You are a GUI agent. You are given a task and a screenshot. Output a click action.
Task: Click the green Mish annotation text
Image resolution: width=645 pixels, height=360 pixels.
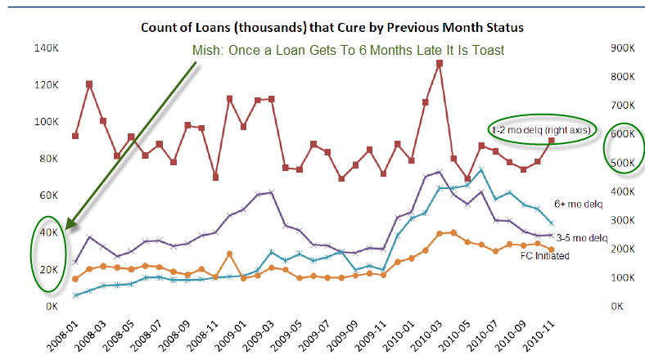point(348,50)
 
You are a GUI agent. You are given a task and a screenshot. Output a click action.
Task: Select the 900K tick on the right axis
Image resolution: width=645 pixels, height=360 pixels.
point(618,48)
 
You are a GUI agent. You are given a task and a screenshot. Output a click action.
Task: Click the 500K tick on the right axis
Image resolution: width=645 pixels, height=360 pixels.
point(618,163)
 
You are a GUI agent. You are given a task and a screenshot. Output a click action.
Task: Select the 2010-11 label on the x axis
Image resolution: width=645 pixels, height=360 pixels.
point(539,335)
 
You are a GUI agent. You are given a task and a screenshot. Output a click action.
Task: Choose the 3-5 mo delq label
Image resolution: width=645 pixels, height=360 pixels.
point(583,237)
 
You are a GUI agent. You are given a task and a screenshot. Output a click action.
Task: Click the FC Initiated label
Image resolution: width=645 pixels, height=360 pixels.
point(545,255)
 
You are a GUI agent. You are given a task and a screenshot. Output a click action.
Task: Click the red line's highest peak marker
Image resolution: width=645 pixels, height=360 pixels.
point(440,63)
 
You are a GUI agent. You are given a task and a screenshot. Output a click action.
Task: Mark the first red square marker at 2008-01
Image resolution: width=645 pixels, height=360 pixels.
point(75,136)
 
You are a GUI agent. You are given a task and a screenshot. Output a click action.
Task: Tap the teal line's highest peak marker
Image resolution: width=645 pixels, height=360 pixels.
point(481,170)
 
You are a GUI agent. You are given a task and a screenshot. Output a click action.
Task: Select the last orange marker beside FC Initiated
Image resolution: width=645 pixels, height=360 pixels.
point(551,249)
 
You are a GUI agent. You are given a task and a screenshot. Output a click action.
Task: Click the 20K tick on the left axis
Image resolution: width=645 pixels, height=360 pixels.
point(46,269)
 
